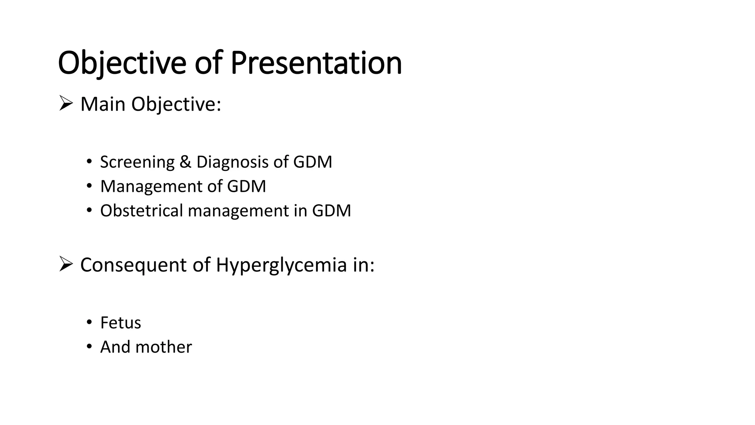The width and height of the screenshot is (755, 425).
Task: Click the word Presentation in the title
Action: tap(316, 63)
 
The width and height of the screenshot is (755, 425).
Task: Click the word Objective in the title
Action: tap(122, 63)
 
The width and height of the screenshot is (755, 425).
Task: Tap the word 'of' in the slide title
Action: tap(208, 63)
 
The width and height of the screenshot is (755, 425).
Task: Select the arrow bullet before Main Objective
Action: tap(66, 104)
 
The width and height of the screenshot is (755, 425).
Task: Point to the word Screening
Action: tap(138, 162)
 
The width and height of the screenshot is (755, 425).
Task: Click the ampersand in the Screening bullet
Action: tap(185, 162)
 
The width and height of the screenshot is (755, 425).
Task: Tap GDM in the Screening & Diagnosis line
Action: tap(313, 162)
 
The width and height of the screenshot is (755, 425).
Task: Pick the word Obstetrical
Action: tap(142, 211)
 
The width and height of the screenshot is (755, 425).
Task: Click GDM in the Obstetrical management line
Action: tap(331, 211)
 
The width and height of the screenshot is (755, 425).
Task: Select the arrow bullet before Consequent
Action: tap(66, 265)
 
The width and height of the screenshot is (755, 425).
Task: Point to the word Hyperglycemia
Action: tap(281, 265)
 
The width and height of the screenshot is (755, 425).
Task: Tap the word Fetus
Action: tap(121, 323)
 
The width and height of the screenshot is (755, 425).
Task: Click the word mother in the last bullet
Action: tap(164, 347)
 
